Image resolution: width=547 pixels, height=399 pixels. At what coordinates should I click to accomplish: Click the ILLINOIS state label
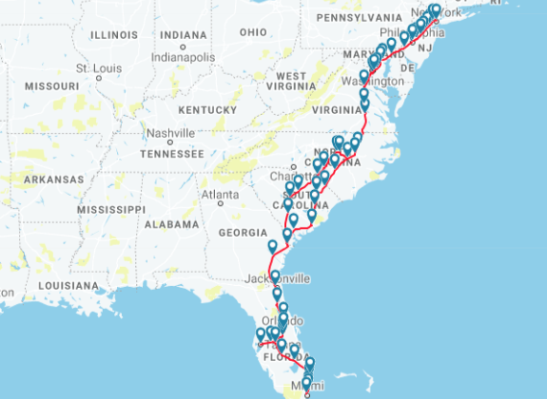click(x=113, y=34)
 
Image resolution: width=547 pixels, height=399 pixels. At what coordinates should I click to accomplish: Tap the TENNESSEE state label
click(x=171, y=153)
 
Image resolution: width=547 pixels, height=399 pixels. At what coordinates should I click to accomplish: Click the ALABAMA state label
click(x=171, y=225)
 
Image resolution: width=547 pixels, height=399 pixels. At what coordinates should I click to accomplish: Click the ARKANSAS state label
click(x=53, y=179)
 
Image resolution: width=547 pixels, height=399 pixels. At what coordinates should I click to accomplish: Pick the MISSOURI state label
click(x=51, y=85)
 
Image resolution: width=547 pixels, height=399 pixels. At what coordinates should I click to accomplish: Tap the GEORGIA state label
click(x=243, y=232)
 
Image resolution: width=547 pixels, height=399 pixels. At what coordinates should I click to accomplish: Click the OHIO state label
click(x=253, y=31)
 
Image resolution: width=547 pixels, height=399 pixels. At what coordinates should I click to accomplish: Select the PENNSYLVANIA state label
click(x=360, y=17)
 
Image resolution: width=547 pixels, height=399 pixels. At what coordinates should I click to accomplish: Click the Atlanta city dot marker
click(x=220, y=203)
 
